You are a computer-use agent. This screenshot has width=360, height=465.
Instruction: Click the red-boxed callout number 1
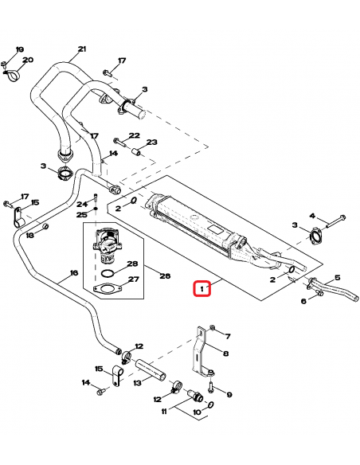204,287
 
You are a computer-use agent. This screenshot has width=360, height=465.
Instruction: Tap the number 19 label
20,49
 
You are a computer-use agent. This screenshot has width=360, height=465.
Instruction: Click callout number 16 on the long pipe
73,273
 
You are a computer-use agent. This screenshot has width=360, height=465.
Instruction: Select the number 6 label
303,301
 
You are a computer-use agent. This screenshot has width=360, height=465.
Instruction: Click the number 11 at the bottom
165,412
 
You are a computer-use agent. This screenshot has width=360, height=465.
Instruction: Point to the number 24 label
82,204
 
